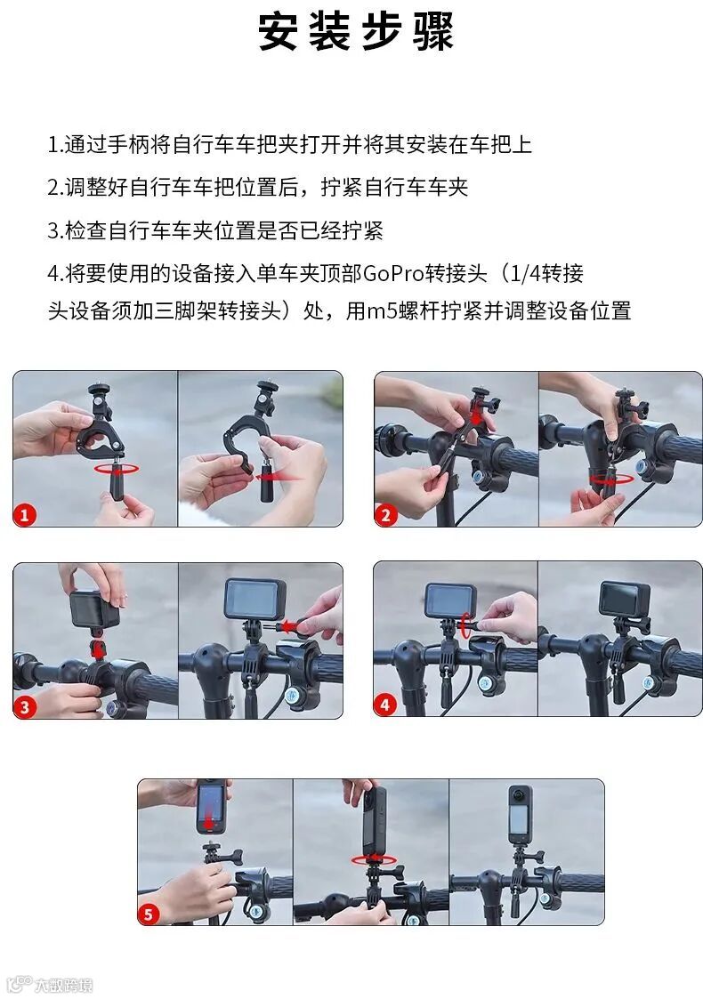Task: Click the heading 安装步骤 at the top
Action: click(x=356, y=32)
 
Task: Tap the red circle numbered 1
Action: click(x=25, y=514)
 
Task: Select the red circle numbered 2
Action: click(x=385, y=514)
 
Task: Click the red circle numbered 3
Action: click(x=25, y=706)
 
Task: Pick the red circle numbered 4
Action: click(x=385, y=705)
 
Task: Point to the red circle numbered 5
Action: click(x=149, y=914)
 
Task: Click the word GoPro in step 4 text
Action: click(x=394, y=273)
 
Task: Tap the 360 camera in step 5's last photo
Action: click(x=520, y=815)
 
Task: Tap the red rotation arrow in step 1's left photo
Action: click(x=117, y=469)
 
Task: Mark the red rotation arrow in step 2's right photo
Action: click(x=610, y=479)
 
